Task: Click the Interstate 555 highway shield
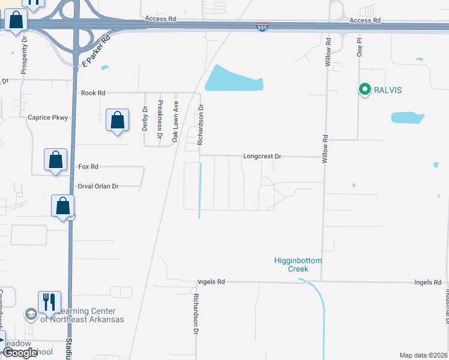tap(262, 28)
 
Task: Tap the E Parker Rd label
tap(97, 50)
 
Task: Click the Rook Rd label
tap(93, 93)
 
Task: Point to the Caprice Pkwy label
tap(48, 118)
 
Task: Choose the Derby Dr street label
tap(145, 118)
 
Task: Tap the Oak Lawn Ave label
tap(176, 121)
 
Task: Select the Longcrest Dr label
tap(262, 156)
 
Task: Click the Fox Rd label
tap(88, 166)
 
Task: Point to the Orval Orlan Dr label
tap(98, 186)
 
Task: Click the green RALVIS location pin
tap(364, 90)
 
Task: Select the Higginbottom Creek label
tap(298, 265)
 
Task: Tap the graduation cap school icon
tap(31, 314)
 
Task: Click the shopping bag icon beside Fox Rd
tap(55, 160)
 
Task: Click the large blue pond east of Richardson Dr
tap(234, 79)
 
